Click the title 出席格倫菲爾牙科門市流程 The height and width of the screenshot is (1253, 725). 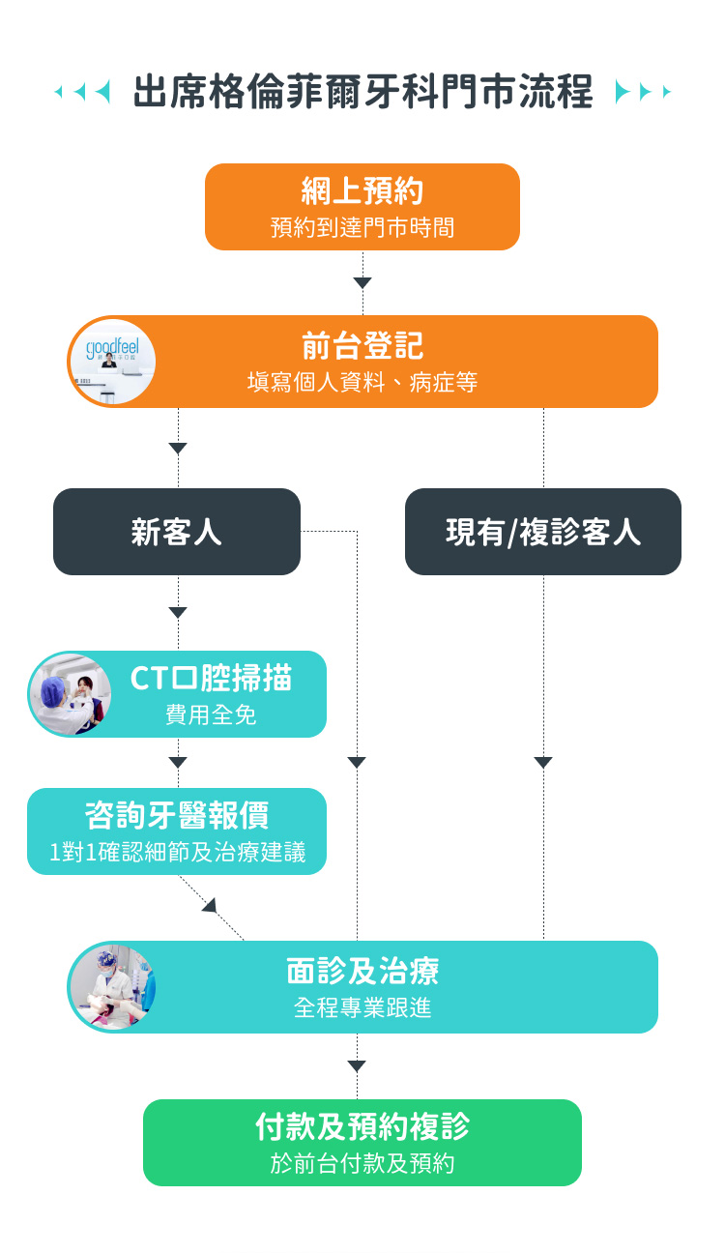tap(362, 93)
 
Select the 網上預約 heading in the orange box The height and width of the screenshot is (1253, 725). tap(362, 191)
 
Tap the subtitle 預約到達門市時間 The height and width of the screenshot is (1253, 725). tap(362, 228)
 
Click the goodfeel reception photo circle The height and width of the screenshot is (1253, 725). tap(113, 362)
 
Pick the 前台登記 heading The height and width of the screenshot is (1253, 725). tap(362, 346)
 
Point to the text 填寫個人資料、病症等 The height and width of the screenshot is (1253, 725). tap(362, 382)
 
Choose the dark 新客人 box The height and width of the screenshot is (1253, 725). tap(177, 532)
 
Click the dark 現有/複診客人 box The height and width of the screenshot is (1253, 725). tap(543, 532)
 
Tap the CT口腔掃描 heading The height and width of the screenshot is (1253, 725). tap(211, 679)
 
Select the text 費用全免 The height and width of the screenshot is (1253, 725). tap(211, 715)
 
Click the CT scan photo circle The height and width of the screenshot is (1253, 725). tap(71, 694)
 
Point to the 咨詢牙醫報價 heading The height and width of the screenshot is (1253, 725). tap(177, 816)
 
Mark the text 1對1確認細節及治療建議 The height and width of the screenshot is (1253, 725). tap(177, 853)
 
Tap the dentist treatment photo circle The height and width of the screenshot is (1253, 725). tap(113, 987)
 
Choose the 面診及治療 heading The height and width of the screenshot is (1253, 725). tap(362, 971)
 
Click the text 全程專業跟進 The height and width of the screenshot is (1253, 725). tap(362, 1007)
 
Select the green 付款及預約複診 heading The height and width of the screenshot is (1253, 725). tap(362, 1127)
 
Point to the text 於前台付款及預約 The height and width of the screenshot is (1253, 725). tap(362, 1163)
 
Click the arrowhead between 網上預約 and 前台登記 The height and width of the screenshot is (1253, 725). tap(362, 283)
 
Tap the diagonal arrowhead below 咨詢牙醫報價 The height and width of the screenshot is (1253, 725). tap(209, 905)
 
